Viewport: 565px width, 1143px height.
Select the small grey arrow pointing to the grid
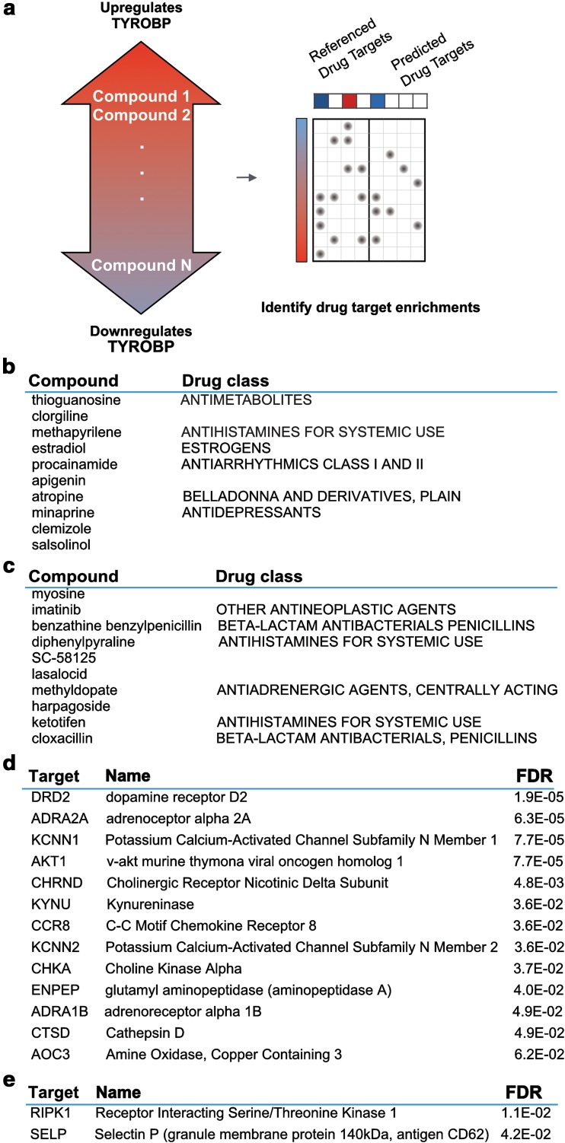tap(247, 178)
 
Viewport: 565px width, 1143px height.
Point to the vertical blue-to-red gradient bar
tap(300, 190)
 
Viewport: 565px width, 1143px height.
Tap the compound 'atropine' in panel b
tap(53, 496)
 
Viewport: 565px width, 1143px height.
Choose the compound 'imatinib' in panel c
tap(53, 610)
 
